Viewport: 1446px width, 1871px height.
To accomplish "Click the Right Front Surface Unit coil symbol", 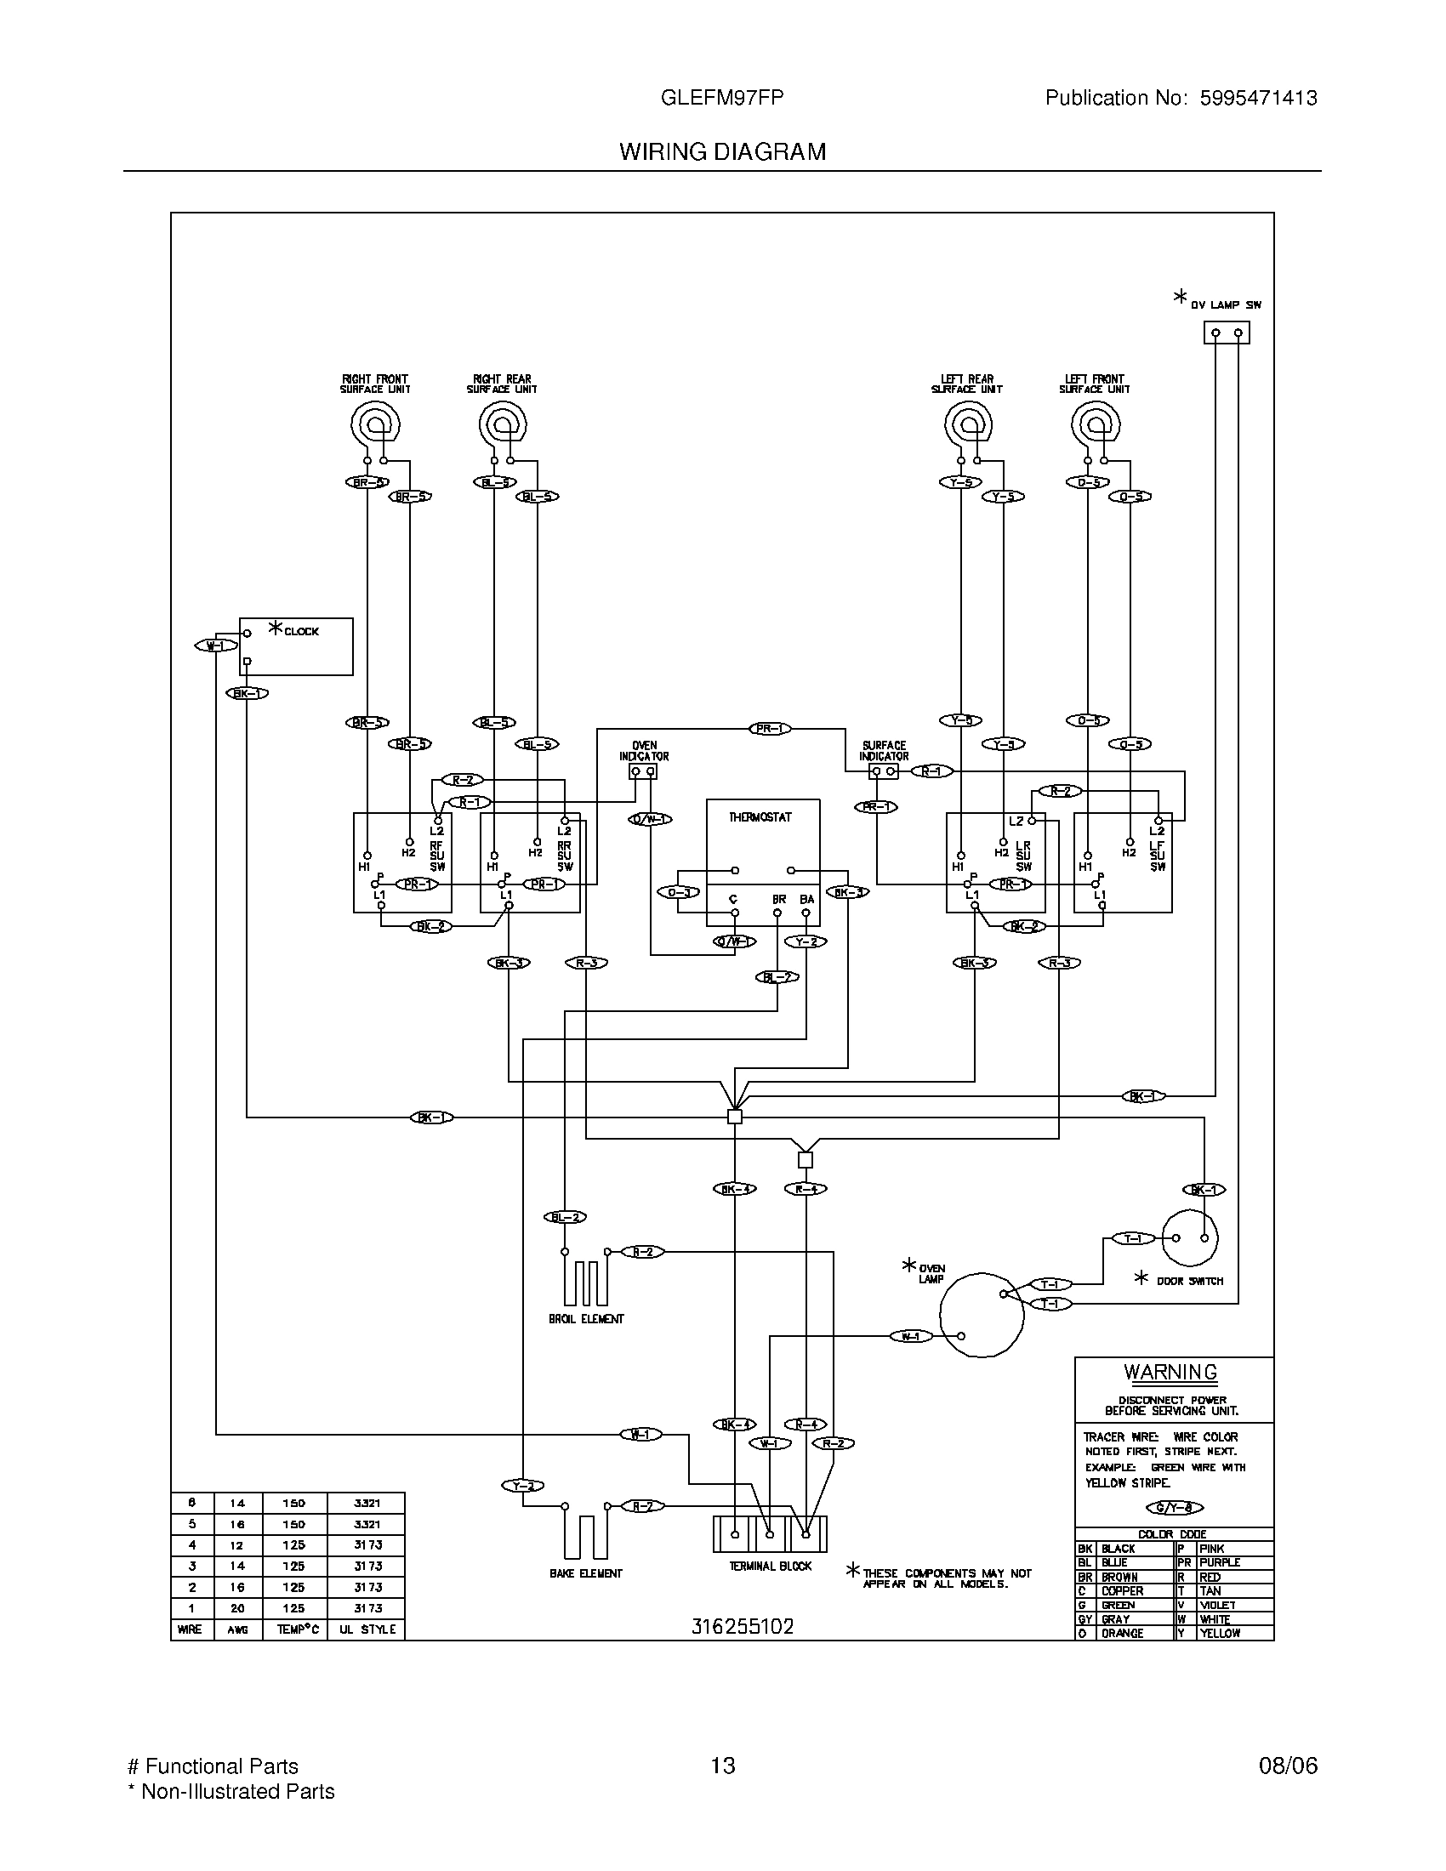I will pos(375,424).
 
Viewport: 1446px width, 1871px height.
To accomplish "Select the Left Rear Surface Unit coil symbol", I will pos(968,424).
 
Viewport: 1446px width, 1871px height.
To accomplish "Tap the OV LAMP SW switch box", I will pos(1227,333).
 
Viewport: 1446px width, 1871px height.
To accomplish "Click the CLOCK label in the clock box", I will pos(300,631).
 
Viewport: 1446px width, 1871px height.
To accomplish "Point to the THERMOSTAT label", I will pos(760,817).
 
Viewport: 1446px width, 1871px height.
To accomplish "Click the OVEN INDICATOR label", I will pos(644,751).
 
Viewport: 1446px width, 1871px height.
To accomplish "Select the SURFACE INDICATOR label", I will pos(884,751).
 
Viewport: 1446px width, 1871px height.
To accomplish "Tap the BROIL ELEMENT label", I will pos(587,1319).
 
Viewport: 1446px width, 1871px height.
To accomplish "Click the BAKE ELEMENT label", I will pos(586,1573).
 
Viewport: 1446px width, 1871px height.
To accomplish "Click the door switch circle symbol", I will pos(1190,1238).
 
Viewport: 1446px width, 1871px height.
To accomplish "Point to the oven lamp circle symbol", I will pos(982,1315).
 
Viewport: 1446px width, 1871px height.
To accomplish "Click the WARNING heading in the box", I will pos(1170,1372).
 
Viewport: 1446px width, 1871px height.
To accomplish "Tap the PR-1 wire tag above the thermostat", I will pos(769,729).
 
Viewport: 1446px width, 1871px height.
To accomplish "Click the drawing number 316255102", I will pos(743,1626).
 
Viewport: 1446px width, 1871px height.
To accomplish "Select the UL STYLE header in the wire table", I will pos(367,1629).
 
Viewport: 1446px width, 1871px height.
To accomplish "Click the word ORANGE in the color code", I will pos(1123,1634).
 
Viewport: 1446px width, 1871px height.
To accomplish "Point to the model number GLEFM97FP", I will pos(722,98).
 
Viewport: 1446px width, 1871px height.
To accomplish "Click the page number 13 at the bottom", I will pos(723,1766).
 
